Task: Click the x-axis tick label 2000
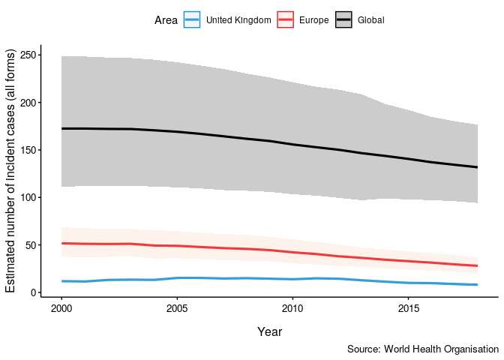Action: pyautogui.click(x=61, y=308)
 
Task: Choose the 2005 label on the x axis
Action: pyautogui.click(x=176, y=308)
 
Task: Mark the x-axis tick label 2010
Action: pyautogui.click(x=292, y=308)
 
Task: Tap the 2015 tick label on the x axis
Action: pyautogui.click(x=408, y=308)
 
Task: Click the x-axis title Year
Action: pyautogui.click(x=269, y=331)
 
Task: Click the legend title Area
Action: pyautogui.click(x=166, y=20)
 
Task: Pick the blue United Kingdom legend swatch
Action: pyautogui.click(x=193, y=20)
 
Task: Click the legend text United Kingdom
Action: pyautogui.click(x=238, y=20)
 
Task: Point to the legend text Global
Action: pyautogui.click(x=370, y=20)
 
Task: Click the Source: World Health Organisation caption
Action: pyautogui.click(x=423, y=349)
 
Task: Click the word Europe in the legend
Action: pyautogui.click(x=313, y=20)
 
